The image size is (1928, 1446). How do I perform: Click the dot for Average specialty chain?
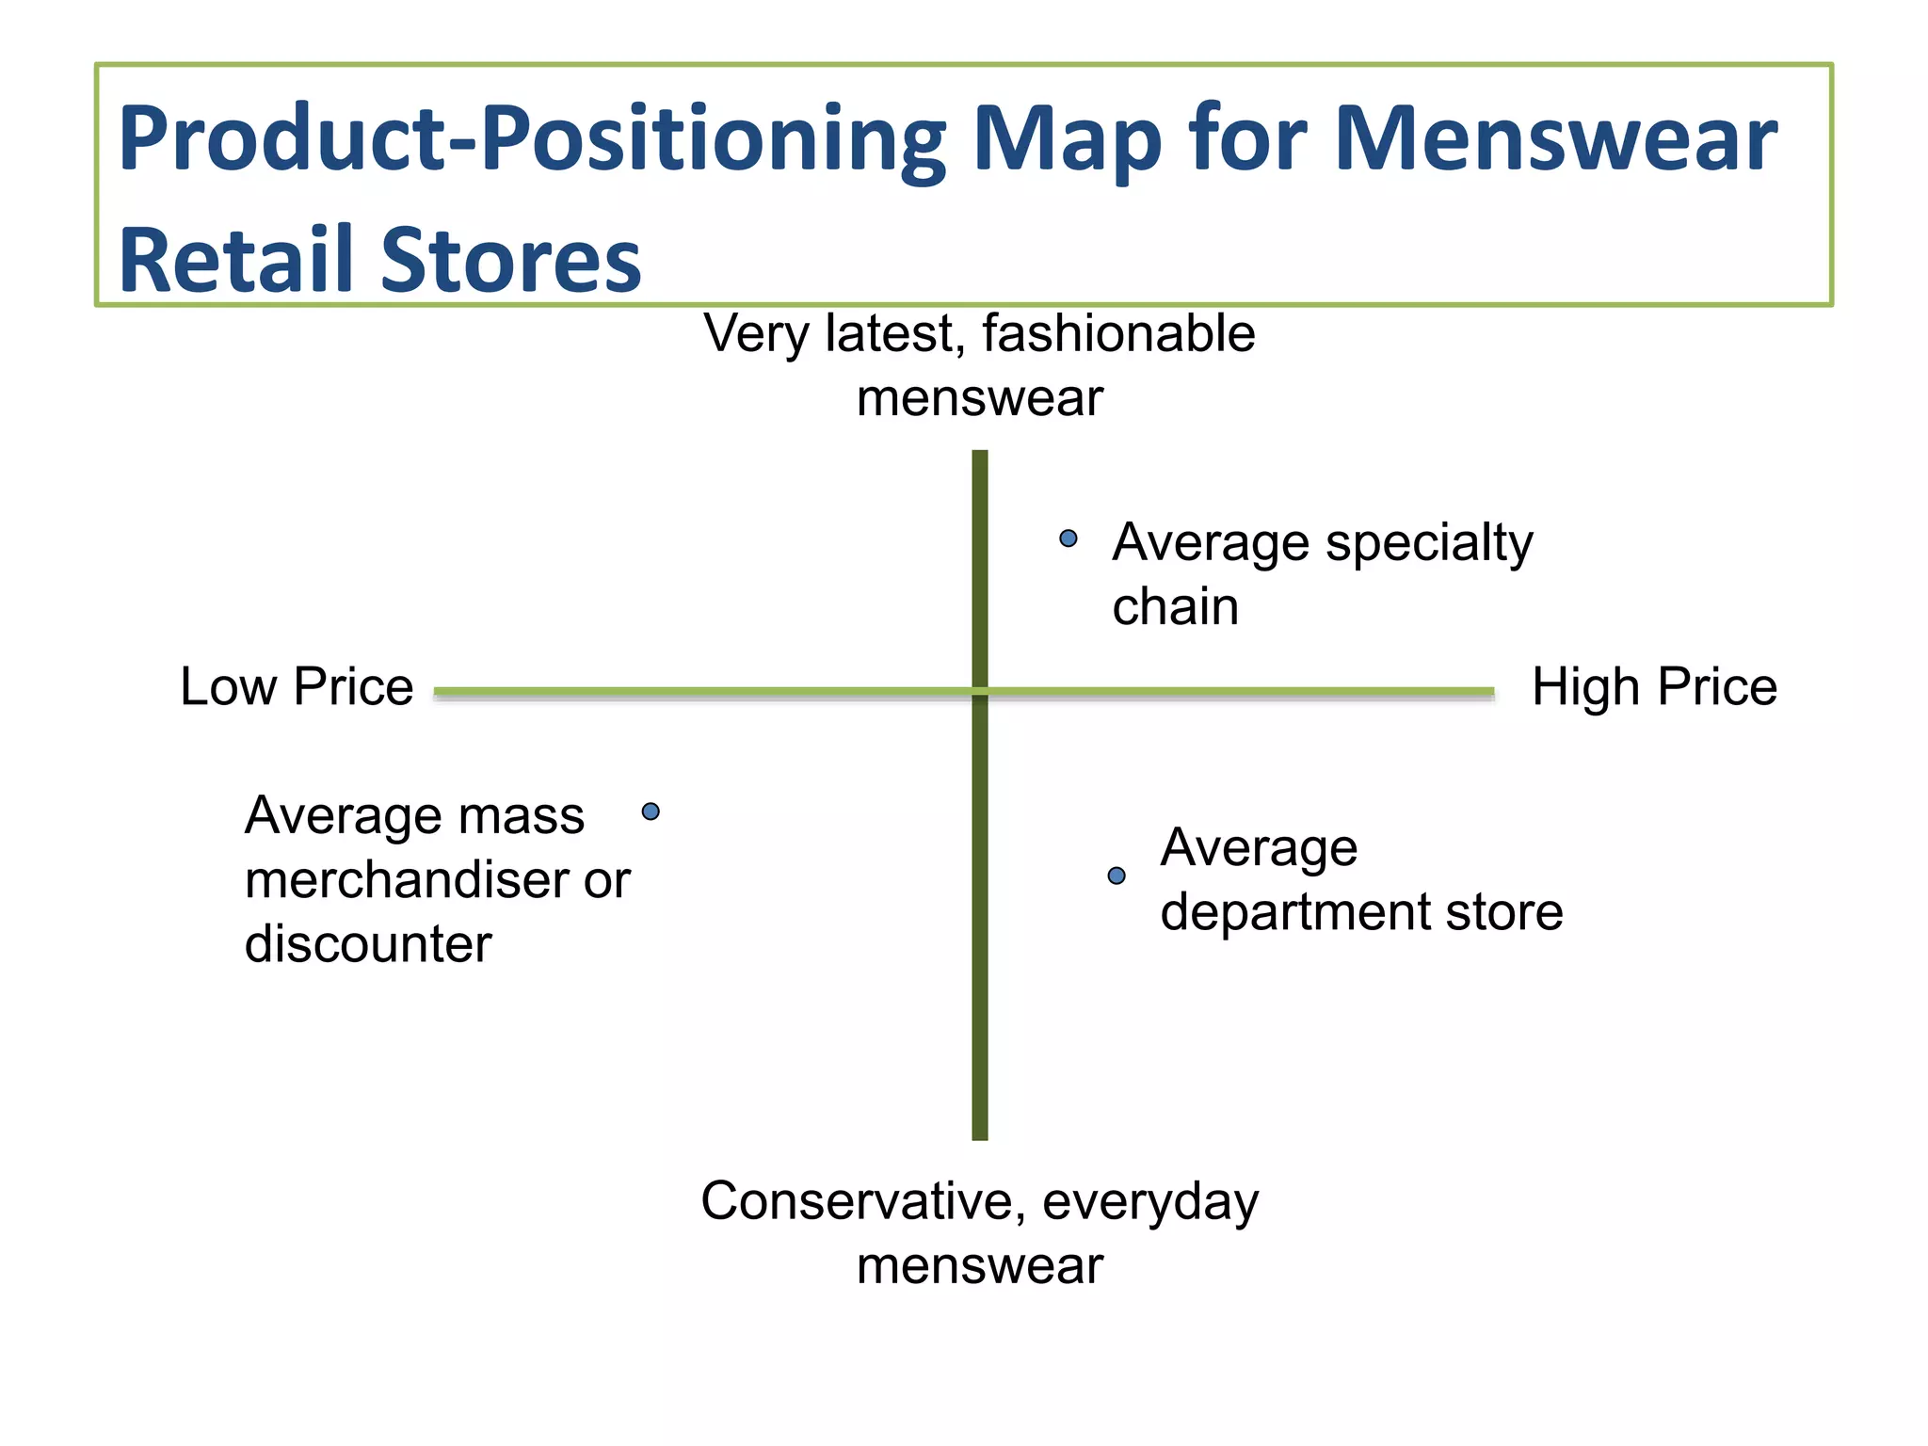1068,538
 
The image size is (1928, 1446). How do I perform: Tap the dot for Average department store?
1117,876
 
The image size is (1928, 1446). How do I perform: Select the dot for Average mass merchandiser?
651,811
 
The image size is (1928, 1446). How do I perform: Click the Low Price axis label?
297,686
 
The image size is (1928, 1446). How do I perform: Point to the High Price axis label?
1654,686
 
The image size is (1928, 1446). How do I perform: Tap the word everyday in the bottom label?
1150,1203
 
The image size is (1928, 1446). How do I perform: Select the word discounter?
368,943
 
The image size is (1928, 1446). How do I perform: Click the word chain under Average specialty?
1175,606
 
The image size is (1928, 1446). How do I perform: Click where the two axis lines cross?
980,692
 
